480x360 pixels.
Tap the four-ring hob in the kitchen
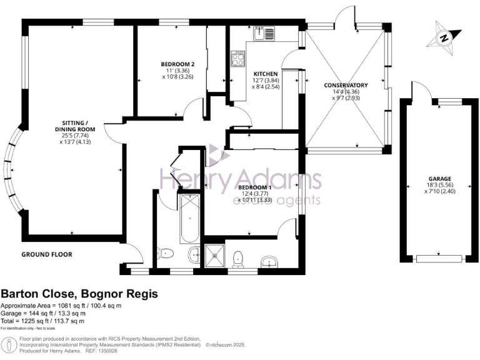[x=239, y=59]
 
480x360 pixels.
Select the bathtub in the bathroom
[x=188, y=219]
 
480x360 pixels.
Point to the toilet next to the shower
[x=238, y=258]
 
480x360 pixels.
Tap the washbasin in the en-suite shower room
[x=270, y=261]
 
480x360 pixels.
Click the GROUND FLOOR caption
[x=47, y=254]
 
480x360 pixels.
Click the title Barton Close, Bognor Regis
[x=79, y=294]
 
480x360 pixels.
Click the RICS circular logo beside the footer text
[x=9, y=344]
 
